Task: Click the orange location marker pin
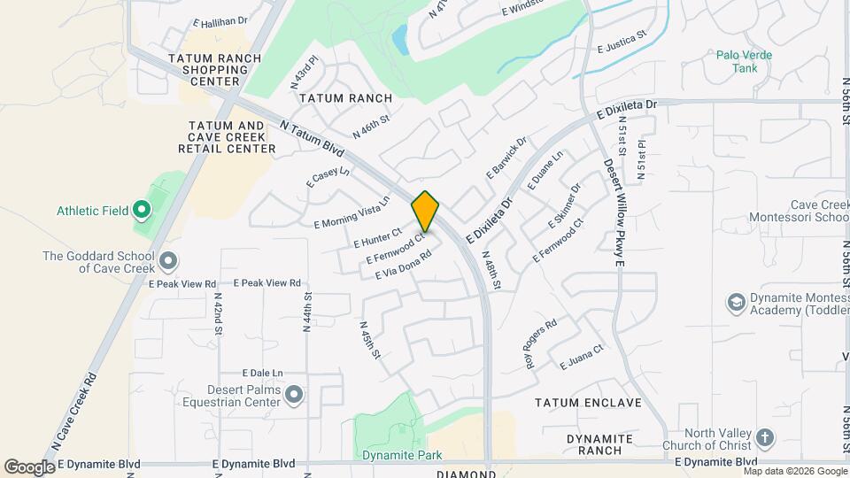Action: (x=426, y=212)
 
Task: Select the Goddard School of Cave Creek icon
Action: (x=169, y=261)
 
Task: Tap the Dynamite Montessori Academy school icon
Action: (x=736, y=304)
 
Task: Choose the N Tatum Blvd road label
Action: (x=311, y=139)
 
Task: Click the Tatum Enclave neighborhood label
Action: (x=588, y=403)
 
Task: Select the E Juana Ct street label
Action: (x=582, y=356)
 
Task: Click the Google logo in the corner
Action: (x=29, y=466)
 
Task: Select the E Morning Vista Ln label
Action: (x=352, y=212)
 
